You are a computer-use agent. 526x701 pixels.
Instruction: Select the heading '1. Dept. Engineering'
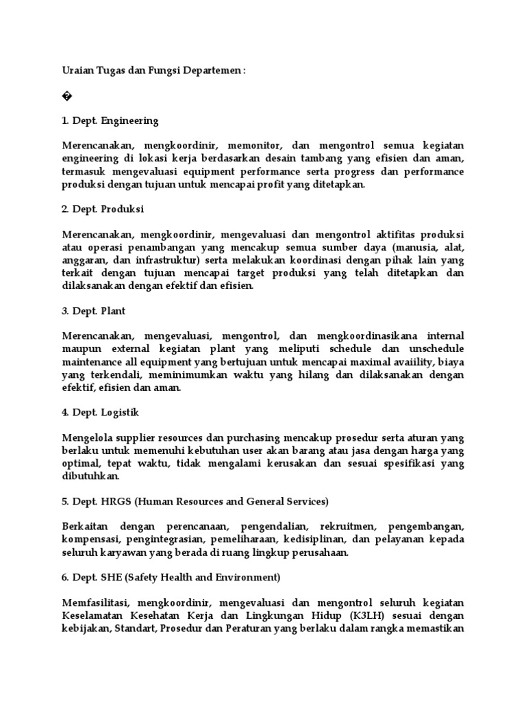110,120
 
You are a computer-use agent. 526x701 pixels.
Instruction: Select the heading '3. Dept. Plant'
94,310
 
